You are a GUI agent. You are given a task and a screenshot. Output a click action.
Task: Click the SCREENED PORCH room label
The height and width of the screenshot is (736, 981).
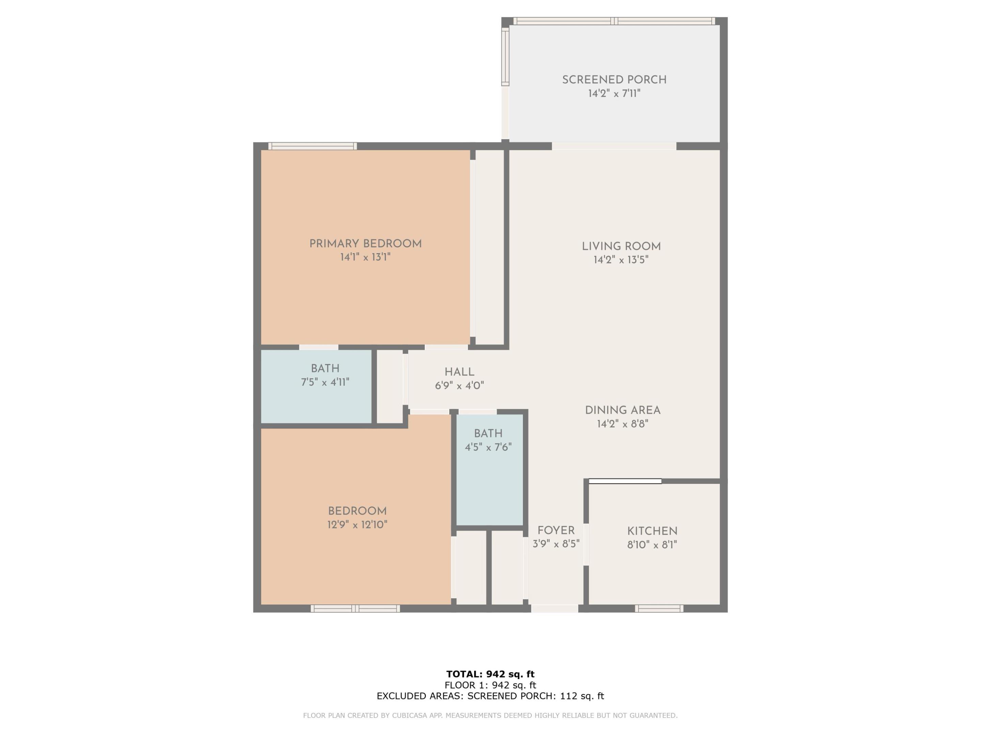coord(614,80)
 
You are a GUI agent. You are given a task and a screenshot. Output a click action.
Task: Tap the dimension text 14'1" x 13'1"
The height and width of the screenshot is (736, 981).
coord(365,257)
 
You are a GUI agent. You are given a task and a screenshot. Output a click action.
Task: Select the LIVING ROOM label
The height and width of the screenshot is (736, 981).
coord(621,246)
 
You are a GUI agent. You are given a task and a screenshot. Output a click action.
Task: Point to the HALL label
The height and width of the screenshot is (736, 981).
coord(459,372)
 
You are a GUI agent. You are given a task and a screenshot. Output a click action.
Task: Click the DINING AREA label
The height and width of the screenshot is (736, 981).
coord(622,410)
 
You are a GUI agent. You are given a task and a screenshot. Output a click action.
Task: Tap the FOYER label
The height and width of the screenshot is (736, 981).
coord(556,530)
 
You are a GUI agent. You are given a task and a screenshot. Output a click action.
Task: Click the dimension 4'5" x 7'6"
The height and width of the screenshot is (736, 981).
coord(488,447)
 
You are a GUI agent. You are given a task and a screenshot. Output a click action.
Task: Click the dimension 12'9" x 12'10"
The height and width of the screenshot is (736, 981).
coord(357,525)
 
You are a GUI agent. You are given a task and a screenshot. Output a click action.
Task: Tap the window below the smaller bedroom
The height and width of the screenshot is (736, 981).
coord(355,609)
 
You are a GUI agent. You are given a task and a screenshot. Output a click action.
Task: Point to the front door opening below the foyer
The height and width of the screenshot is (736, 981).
coord(554,609)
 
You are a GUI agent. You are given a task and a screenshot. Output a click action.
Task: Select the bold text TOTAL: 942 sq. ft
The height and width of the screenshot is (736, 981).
coord(490,674)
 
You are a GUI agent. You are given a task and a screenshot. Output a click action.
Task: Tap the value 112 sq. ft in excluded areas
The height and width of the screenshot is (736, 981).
coord(581,696)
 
